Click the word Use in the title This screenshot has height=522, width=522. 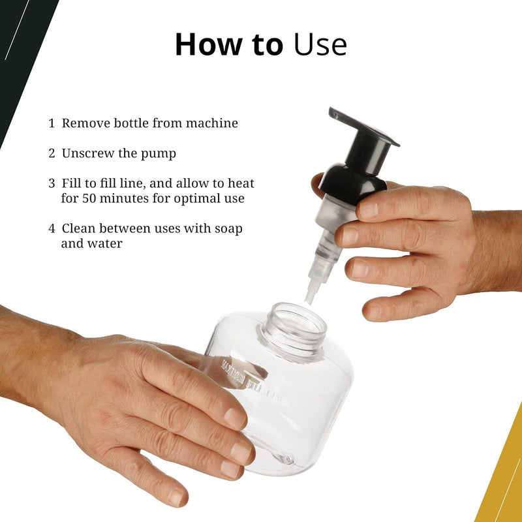pyautogui.click(x=320, y=44)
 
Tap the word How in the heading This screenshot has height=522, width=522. pyautogui.click(x=209, y=44)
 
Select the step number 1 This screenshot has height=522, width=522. pyautogui.click(x=52, y=123)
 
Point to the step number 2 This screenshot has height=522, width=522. pyautogui.click(x=52, y=153)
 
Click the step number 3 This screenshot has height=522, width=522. pyautogui.click(x=52, y=183)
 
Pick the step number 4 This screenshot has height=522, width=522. pyautogui.click(x=52, y=229)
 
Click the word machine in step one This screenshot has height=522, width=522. pyautogui.click(x=211, y=123)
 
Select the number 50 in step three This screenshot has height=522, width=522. pyautogui.click(x=89, y=198)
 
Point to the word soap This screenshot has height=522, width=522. pyautogui.click(x=228, y=230)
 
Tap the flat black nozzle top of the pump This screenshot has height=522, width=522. pyautogui.click(x=364, y=127)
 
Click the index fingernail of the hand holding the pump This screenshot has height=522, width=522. pyautogui.click(x=369, y=211)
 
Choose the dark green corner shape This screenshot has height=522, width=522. pyautogui.click(x=21, y=50)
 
